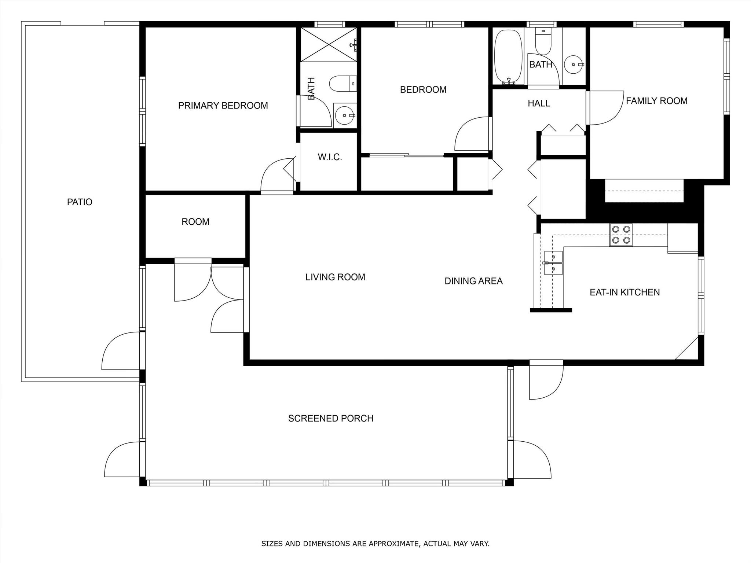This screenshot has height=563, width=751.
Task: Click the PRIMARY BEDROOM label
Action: coord(223,106)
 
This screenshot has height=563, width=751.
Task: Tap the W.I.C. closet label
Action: coord(330,157)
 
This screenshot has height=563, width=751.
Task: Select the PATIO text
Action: coord(80,202)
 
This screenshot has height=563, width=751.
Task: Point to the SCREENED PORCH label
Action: coord(331,418)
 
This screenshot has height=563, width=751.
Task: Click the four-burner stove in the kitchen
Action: coord(621,235)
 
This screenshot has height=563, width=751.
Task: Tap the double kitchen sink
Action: coord(553,262)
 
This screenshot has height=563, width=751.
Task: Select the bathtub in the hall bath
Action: coord(508,57)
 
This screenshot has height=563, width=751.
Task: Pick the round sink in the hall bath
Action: coord(574,65)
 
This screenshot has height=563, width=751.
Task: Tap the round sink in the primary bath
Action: coord(345,115)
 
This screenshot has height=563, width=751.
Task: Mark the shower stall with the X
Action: coord(329,44)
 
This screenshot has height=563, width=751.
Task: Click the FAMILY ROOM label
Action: coord(657,101)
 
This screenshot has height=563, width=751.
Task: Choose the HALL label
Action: coord(539,103)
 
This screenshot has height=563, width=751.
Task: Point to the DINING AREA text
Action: coord(473,281)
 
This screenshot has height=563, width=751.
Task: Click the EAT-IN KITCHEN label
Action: coord(625,292)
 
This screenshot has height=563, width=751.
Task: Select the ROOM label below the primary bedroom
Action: coord(195,222)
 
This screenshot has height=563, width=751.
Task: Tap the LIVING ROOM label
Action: coord(335,277)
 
